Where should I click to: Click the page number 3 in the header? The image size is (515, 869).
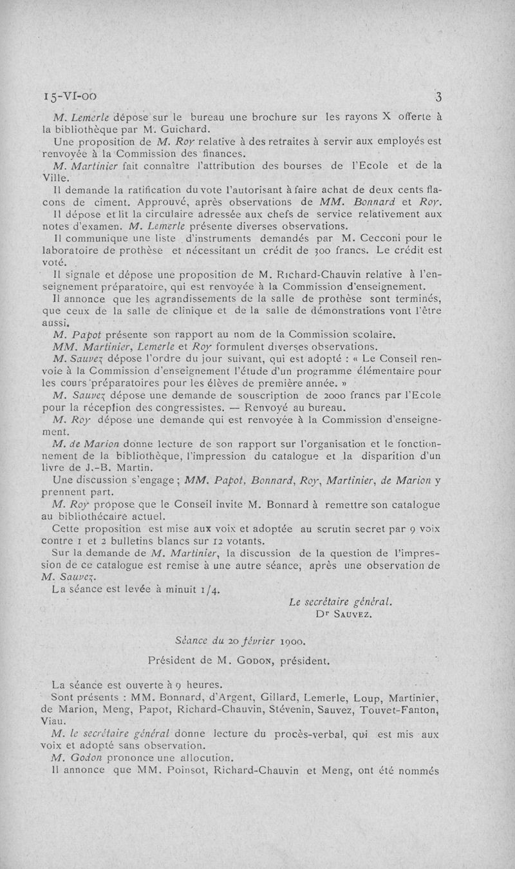point(438,98)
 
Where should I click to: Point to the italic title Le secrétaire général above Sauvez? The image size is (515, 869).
point(341,602)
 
